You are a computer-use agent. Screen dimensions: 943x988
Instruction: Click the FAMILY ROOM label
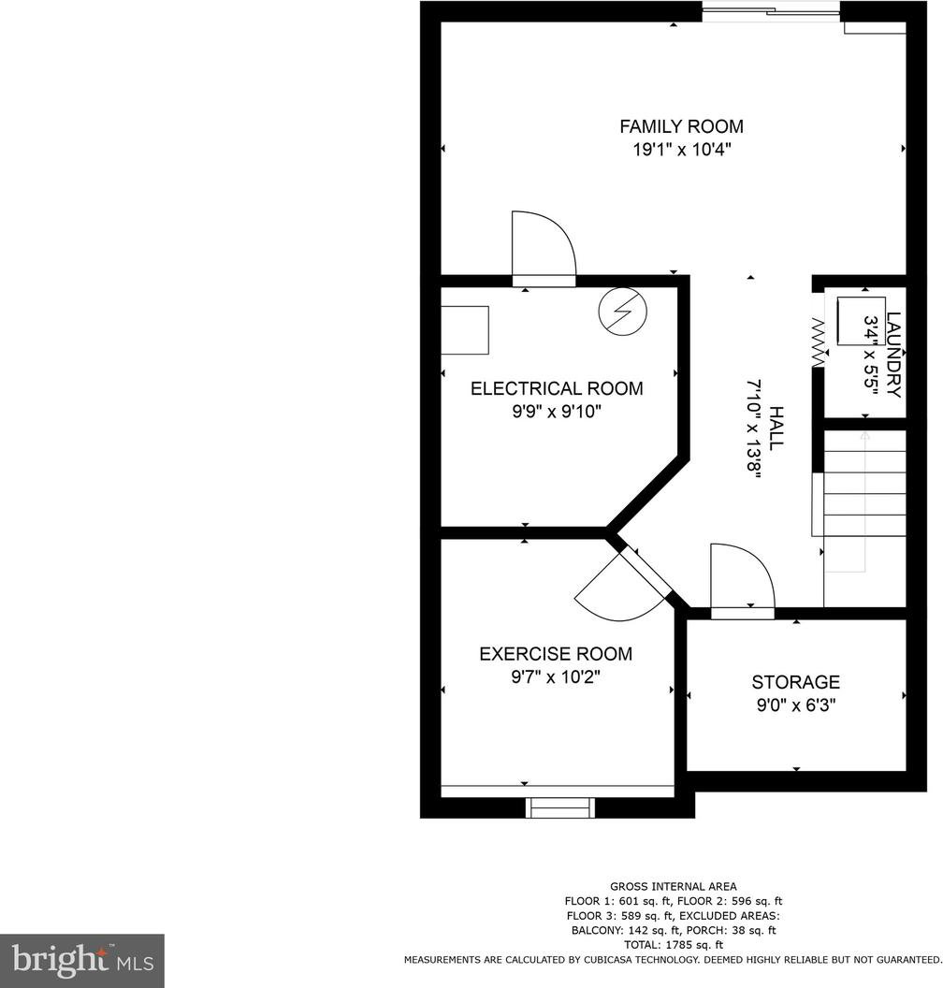pyautogui.click(x=681, y=126)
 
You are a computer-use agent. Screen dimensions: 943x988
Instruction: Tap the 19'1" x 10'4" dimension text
pyautogui.click(x=682, y=150)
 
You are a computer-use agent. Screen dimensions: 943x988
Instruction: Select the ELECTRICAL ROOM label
pyautogui.click(x=557, y=388)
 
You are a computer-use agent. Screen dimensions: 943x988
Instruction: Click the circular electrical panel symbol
pyautogui.click(x=623, y=311)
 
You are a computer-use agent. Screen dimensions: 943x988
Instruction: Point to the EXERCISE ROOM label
pyautogui.click(x=556, y=654)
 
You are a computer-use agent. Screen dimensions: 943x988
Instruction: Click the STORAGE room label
pyautogui.click(x=795, y=682)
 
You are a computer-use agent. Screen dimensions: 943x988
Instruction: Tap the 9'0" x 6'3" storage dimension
pyautogui.click(x=795, y=705)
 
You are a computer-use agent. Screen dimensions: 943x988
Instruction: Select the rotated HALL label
pyautogui.click(x=776, y=428)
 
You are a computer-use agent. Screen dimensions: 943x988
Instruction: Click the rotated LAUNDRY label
pyautogui.click(x=893, y=355)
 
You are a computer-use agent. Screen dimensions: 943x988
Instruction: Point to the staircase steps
pyautogui.click(x=865, y=484)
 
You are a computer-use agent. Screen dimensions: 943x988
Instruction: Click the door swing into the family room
pyautogui.click(x=544, y=246)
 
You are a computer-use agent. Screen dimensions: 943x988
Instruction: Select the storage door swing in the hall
pyautogui.click(x=742, y=576)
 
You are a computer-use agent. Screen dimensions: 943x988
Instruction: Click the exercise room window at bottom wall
pyautogui.click(x=560, y=807)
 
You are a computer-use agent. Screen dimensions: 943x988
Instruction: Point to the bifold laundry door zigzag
pyautogui.click(x=819, y=342)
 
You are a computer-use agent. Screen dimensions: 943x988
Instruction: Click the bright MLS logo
pyautogui.click(x=82, y=960)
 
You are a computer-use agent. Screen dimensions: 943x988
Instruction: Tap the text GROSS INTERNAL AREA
pyautogui.click(x=673, y=887)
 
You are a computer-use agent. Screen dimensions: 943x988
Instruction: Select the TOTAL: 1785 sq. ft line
pyautogui.click(x=673, y=945)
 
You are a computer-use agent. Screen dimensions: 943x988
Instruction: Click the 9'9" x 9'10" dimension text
pyautogui.click(x=557, y=412)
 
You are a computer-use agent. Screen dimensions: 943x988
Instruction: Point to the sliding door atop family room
pyautogui.click(x=771, y=11)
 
